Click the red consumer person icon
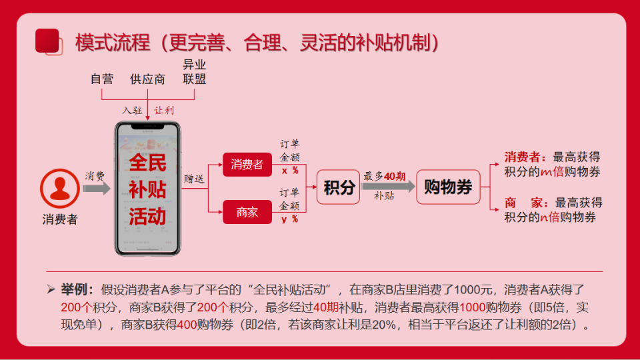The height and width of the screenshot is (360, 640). (60, 189)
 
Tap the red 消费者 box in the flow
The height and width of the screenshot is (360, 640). (247, 165)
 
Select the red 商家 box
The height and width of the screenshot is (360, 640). (247, 212)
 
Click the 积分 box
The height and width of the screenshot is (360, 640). (339, 187)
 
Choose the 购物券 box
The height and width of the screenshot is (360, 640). (448, 187)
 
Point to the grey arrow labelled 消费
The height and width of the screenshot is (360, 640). (96, 188)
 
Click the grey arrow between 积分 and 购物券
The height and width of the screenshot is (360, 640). (388, 187)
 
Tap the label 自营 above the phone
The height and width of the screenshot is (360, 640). (102, 79)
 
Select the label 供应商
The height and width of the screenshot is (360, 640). (148, 79)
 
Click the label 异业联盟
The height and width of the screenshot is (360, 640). (194, 72)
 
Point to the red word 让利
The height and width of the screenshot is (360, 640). (164, 110)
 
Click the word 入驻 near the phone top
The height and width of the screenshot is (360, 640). (132, 110)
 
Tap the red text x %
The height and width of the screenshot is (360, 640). (290, 171)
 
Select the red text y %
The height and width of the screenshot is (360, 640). (290, 219)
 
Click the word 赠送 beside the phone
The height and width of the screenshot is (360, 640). (194, 179)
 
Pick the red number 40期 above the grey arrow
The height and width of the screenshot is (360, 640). (395, 176)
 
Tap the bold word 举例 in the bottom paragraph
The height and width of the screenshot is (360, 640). (74, 289)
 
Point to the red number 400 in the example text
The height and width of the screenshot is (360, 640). (187, 325)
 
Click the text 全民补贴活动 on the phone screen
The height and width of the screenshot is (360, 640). (147, 189)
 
